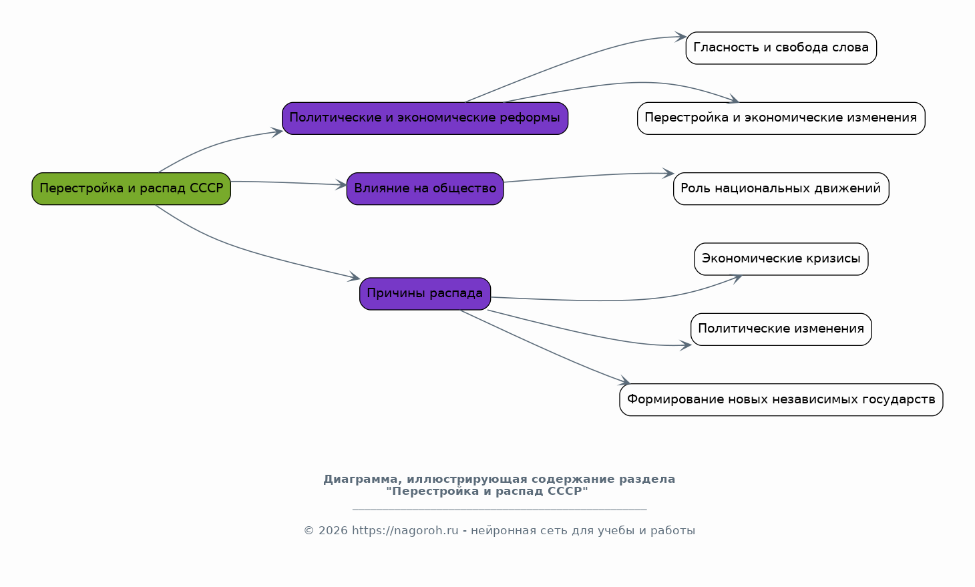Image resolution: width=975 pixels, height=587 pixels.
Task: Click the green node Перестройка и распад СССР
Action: click(131, 188)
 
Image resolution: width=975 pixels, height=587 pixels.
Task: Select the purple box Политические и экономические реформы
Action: click(425, 118)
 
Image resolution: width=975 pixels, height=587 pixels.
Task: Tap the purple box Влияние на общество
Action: click(425, 188)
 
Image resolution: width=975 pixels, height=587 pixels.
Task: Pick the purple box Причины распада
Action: click(425, 294)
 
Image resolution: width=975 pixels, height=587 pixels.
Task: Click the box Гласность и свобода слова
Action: click(781, 48)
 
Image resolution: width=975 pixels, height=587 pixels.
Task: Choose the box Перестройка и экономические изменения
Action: click(781, 118)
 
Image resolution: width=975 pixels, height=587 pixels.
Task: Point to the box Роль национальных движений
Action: click(781, 188)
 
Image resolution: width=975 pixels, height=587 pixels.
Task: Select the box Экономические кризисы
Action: click(781, 259)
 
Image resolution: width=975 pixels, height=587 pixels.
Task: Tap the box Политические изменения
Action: click(781, 329)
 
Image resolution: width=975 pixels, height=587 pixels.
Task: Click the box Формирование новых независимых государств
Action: click(781, 399)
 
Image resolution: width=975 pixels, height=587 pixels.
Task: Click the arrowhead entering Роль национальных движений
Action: click(668, 173)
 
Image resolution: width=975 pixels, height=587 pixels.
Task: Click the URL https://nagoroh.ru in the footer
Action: click(405, 531)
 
